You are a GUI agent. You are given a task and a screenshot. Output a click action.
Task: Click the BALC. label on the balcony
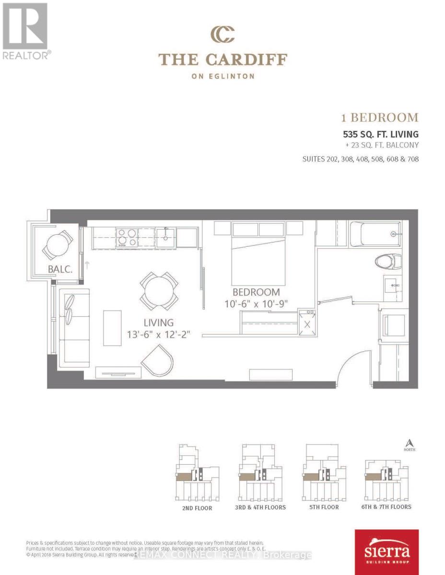pos(60,269)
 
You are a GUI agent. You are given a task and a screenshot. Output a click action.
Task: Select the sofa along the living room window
pos(73,328)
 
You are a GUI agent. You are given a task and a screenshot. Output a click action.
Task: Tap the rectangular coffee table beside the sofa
pos(112,328)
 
